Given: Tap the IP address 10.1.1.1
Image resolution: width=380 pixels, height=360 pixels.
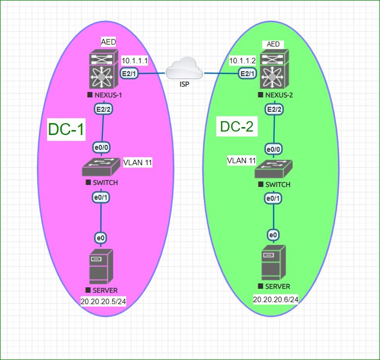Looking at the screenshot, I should point(135,60).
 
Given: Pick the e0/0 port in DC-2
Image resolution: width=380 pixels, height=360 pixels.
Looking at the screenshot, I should point(274,149).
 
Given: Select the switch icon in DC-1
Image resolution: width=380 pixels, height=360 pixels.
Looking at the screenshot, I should point(101,167).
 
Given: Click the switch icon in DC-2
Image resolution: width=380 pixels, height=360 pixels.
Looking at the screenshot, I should point(273,170).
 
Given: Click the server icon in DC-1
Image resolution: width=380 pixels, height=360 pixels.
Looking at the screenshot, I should point(101,267).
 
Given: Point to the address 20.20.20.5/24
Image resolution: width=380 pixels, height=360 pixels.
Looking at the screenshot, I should point(103,301).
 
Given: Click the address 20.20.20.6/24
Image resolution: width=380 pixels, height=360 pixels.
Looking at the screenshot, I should point(275,300).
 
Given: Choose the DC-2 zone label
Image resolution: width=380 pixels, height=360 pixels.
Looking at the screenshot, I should point(237,127).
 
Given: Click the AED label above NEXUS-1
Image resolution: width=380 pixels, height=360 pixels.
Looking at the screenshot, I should point(108,42).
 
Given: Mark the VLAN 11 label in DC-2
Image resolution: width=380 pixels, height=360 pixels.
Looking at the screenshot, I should point(241,160).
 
